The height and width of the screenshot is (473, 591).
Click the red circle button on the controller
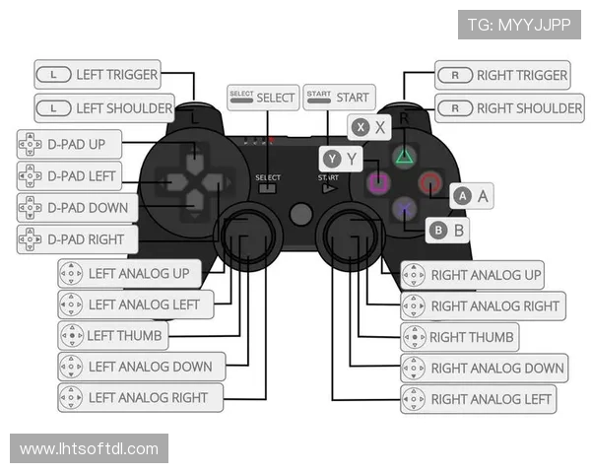[430, 182]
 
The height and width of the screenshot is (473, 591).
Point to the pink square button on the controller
[377, 182]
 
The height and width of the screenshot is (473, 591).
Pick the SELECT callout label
[262, 97]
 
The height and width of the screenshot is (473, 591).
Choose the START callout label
[339, 97]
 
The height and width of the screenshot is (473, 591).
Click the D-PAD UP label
[75, 145]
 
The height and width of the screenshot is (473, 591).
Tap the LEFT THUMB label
[111, 335]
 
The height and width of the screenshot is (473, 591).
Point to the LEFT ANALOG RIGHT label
[140, 397]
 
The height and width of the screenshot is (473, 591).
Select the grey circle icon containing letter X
[361, 126]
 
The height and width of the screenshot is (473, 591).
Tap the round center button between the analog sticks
[301, 213]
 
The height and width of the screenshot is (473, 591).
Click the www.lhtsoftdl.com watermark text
[90, 449]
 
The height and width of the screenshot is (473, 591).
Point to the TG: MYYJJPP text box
[519, 24]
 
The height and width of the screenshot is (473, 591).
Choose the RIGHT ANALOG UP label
[474, 275]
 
